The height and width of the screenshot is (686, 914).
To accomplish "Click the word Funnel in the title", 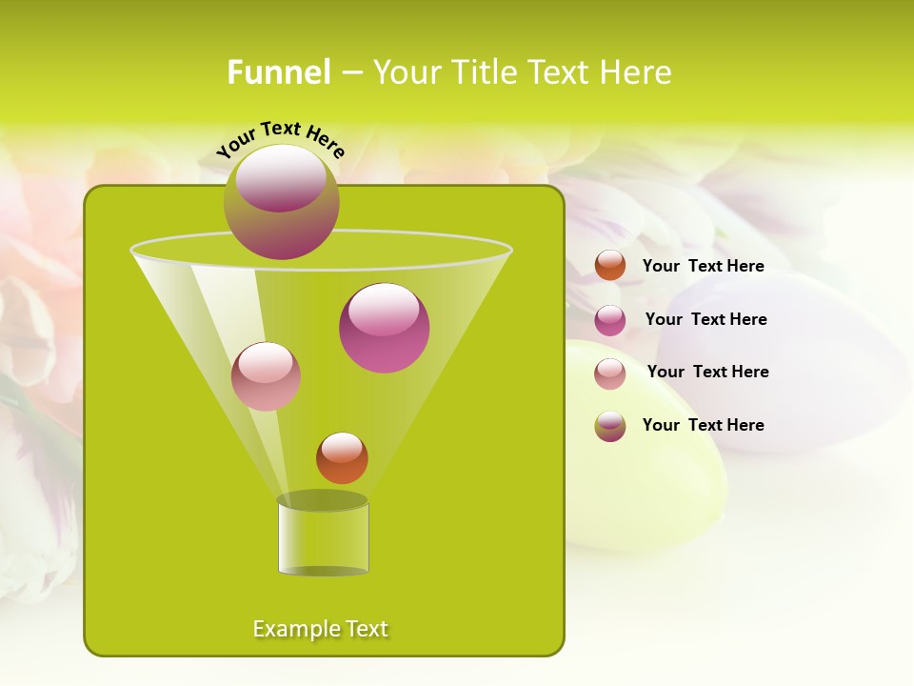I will point(278,72).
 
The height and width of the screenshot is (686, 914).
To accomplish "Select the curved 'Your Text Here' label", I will point(280,139).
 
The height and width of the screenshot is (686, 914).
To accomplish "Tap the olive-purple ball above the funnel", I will point(282,202).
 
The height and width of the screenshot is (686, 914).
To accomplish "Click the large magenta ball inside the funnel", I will point(384,327).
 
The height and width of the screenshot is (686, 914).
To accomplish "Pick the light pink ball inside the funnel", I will point(266,376).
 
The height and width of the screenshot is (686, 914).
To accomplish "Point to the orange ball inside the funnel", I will point(342,457).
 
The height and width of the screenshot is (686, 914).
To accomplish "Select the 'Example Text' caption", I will point(320,629).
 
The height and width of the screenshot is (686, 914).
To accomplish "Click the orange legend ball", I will point(610,266).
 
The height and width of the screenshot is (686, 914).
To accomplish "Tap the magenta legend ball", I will point(610,320).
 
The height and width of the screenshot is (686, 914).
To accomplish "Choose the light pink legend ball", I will point(610,373).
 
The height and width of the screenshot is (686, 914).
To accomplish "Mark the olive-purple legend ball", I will point(610,426).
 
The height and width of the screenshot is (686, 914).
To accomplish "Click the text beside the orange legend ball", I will point(703,267).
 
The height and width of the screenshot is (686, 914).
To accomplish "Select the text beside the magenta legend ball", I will point(705,320).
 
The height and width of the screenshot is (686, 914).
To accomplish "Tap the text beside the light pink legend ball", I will point(707,373).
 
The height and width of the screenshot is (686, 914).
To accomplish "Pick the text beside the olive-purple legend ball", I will point(703,426).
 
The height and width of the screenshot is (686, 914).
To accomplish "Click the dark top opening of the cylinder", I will point(322,500).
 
